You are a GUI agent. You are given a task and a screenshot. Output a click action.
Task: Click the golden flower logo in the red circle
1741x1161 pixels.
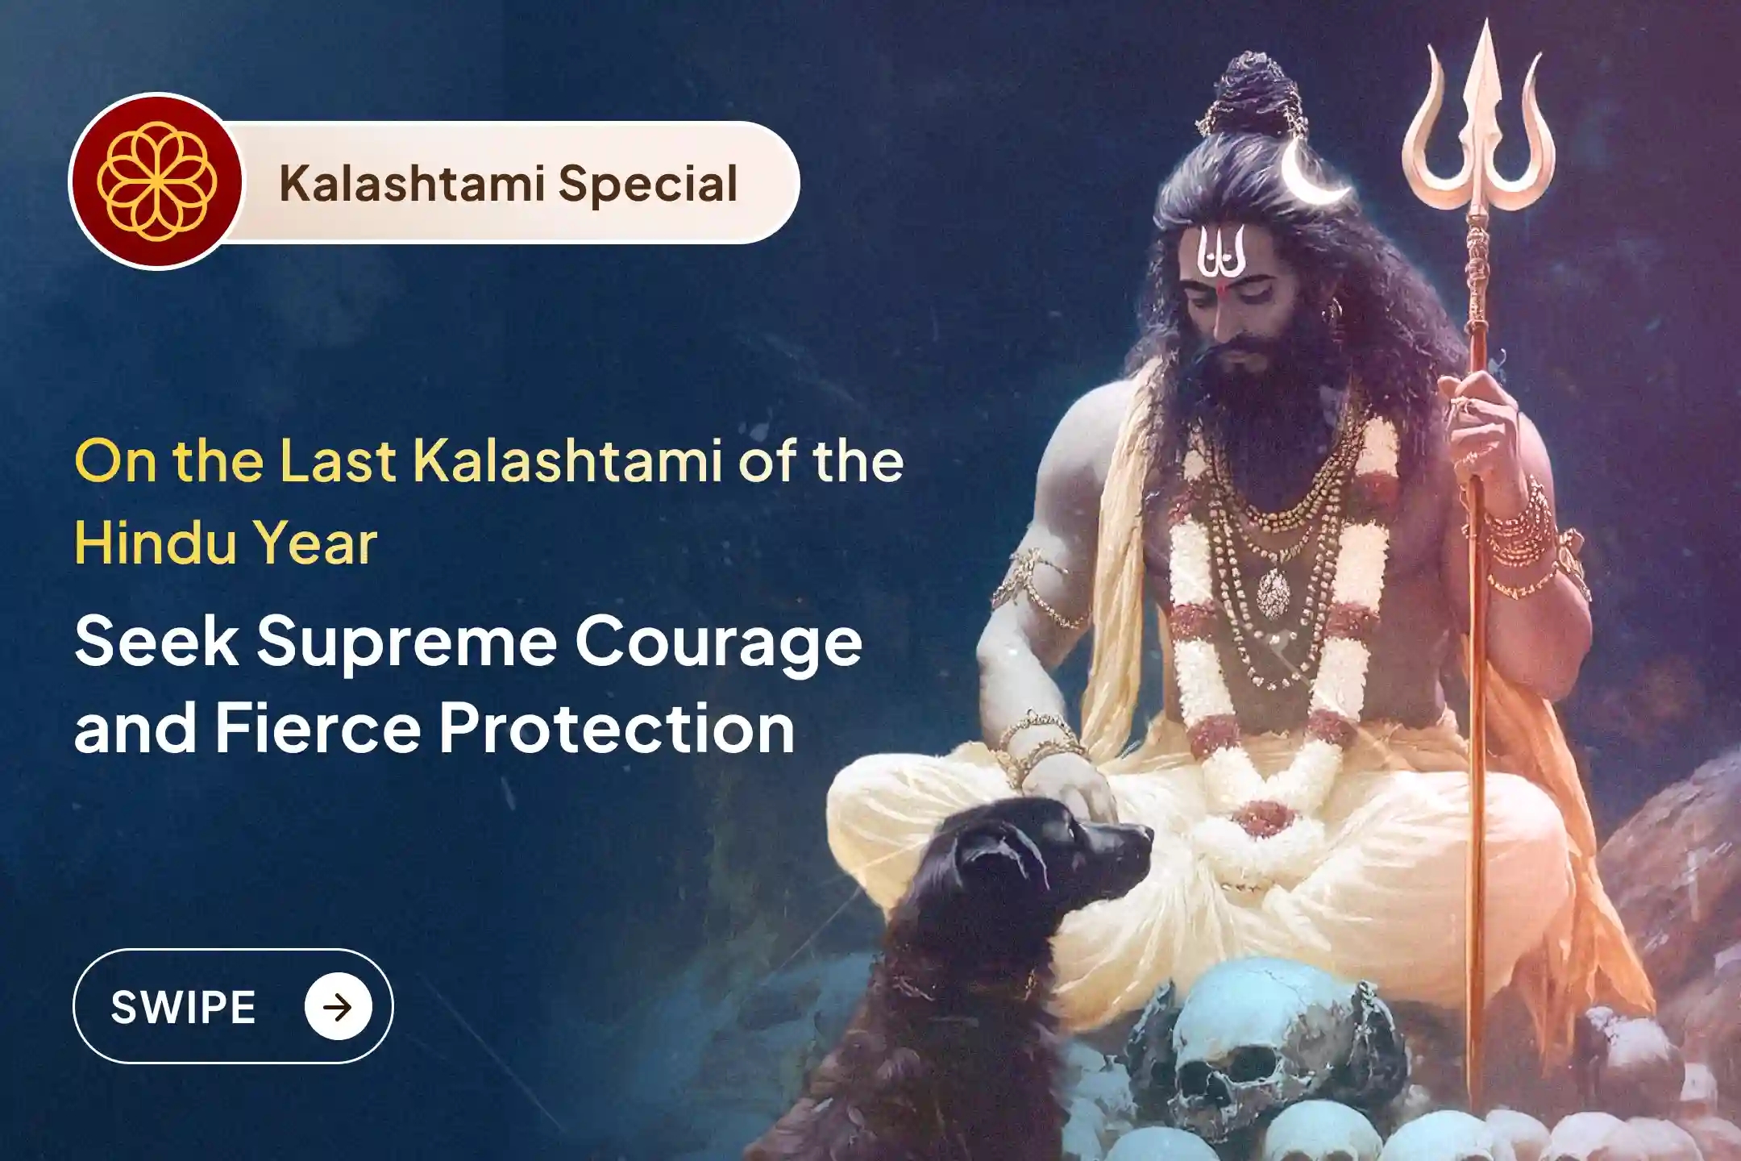(x=156, y=181)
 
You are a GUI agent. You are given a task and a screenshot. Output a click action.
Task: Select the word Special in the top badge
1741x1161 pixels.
(x=647, y=184)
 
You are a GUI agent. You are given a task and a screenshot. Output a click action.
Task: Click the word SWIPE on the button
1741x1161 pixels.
(x=183, y=1007)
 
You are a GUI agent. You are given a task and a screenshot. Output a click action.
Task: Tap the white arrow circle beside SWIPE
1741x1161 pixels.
(x=338, y=1007)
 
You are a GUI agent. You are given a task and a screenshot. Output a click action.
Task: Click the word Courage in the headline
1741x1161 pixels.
(x=718, y=643)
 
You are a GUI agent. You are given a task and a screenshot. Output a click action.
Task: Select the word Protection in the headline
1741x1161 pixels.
(x=617, y=728)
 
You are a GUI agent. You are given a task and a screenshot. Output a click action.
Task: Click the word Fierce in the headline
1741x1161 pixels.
(x=318, y=728)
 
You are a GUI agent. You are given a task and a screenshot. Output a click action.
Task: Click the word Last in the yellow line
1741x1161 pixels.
(x=338, y=461)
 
